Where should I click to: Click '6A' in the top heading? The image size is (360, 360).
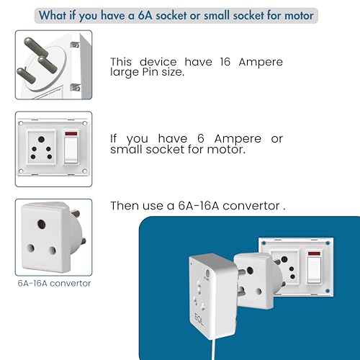click(x=158, y=14)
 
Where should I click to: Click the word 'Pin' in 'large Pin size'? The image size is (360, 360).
click(x=156, y=73)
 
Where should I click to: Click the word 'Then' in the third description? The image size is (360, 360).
click(x=125, y=206)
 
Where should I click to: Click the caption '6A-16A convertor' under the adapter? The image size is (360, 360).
click(x=54, y=282)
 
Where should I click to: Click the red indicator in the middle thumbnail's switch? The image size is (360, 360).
click(x=72, y=133)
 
